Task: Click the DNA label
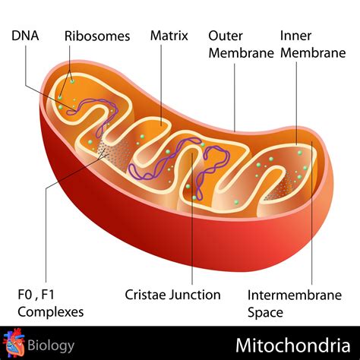tap(26, 36)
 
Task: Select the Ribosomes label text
tap(97, 36)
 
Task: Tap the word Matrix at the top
tap(169, 36)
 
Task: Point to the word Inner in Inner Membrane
tap(295, 36)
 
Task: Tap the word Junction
tap(198, 295)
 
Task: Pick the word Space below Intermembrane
tap(266, 312)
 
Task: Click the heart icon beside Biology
tap(14, 344)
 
